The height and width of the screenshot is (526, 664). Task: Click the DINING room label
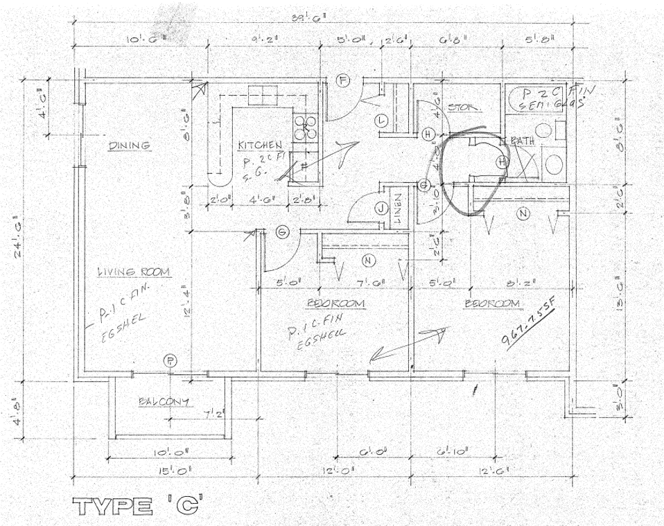[130, 145]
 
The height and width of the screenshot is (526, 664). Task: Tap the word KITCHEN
[260, 146]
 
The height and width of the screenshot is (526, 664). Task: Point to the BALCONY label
[164, 402]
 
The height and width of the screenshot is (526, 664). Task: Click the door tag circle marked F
[342, 80]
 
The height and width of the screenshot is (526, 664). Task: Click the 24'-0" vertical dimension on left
[26, 236]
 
